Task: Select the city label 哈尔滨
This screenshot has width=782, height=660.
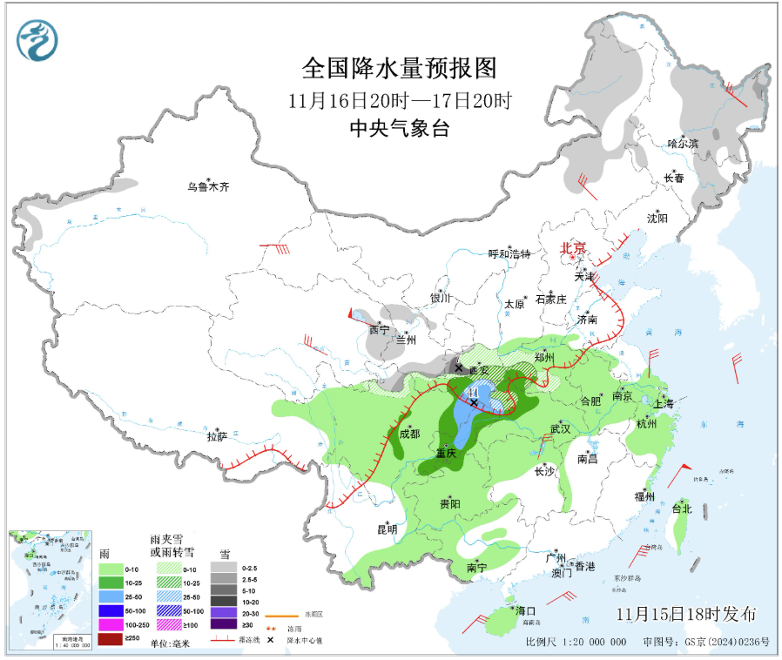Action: (x=683, y=143)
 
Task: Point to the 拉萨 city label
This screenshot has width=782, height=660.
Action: (x=217, y=436)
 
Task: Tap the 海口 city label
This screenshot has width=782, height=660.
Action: (x=525, y=610)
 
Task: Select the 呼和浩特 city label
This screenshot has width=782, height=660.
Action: (x=509, y=254)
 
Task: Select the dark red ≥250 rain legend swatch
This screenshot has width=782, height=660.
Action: (x=110, y=638)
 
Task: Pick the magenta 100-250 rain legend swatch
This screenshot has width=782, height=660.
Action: (x=110, y=624)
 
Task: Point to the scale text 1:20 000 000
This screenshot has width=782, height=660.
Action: (x=588, y=643)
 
